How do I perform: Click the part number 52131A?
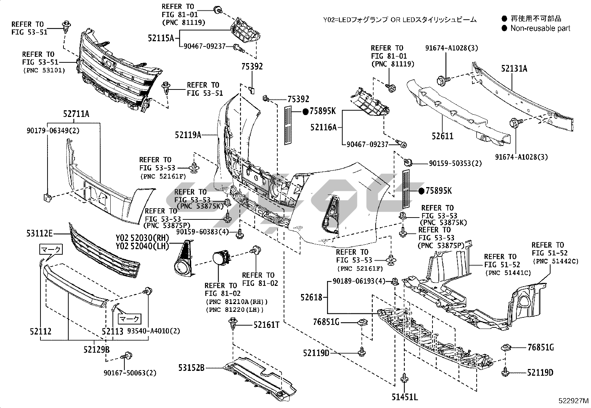514,69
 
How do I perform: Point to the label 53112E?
39,234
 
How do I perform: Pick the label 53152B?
192,368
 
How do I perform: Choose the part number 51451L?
405,397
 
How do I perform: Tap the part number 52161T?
266,325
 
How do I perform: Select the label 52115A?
161,37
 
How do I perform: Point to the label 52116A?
323,127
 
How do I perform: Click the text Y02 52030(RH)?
142,238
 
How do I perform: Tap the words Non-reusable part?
540,28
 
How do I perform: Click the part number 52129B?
97,349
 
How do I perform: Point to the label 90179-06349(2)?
53,131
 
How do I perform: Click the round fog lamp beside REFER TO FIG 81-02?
222,258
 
